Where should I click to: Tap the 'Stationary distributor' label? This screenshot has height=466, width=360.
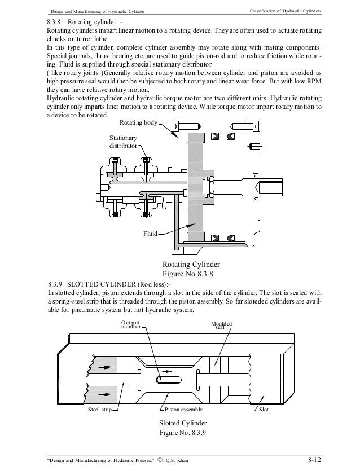(123, 141)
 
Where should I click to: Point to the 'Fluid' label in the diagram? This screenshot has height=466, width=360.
(149, 232)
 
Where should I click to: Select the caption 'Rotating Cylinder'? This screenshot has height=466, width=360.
(191, 264)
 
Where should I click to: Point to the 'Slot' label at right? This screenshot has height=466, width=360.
(263, 409)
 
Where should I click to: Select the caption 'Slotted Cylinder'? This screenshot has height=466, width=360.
(184, 423)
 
